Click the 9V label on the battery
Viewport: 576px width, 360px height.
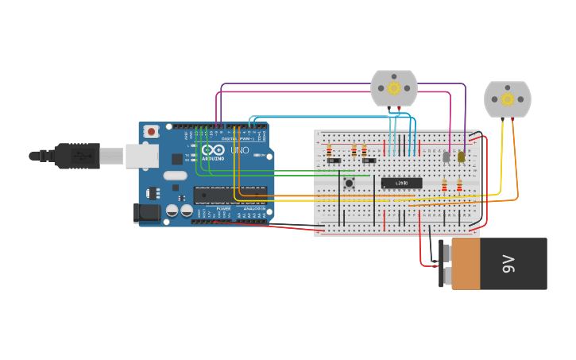508,264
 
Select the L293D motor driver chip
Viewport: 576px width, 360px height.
401,183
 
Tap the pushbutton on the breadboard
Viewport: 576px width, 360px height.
348,184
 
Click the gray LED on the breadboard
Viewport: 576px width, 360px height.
446,157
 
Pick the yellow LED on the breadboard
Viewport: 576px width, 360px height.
461,157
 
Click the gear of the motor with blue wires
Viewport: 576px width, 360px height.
394,87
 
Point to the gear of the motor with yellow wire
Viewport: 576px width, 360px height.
507,99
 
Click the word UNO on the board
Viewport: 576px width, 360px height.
239,150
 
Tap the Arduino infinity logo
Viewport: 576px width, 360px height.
213,149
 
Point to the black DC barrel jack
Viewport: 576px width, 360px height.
147,211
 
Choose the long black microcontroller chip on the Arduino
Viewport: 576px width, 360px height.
230,195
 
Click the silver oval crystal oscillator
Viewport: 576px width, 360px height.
176,175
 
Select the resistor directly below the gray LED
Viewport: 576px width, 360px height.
444,186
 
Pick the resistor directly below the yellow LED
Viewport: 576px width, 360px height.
459,186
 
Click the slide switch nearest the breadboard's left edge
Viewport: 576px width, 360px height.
334,161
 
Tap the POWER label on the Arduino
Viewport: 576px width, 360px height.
223,208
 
